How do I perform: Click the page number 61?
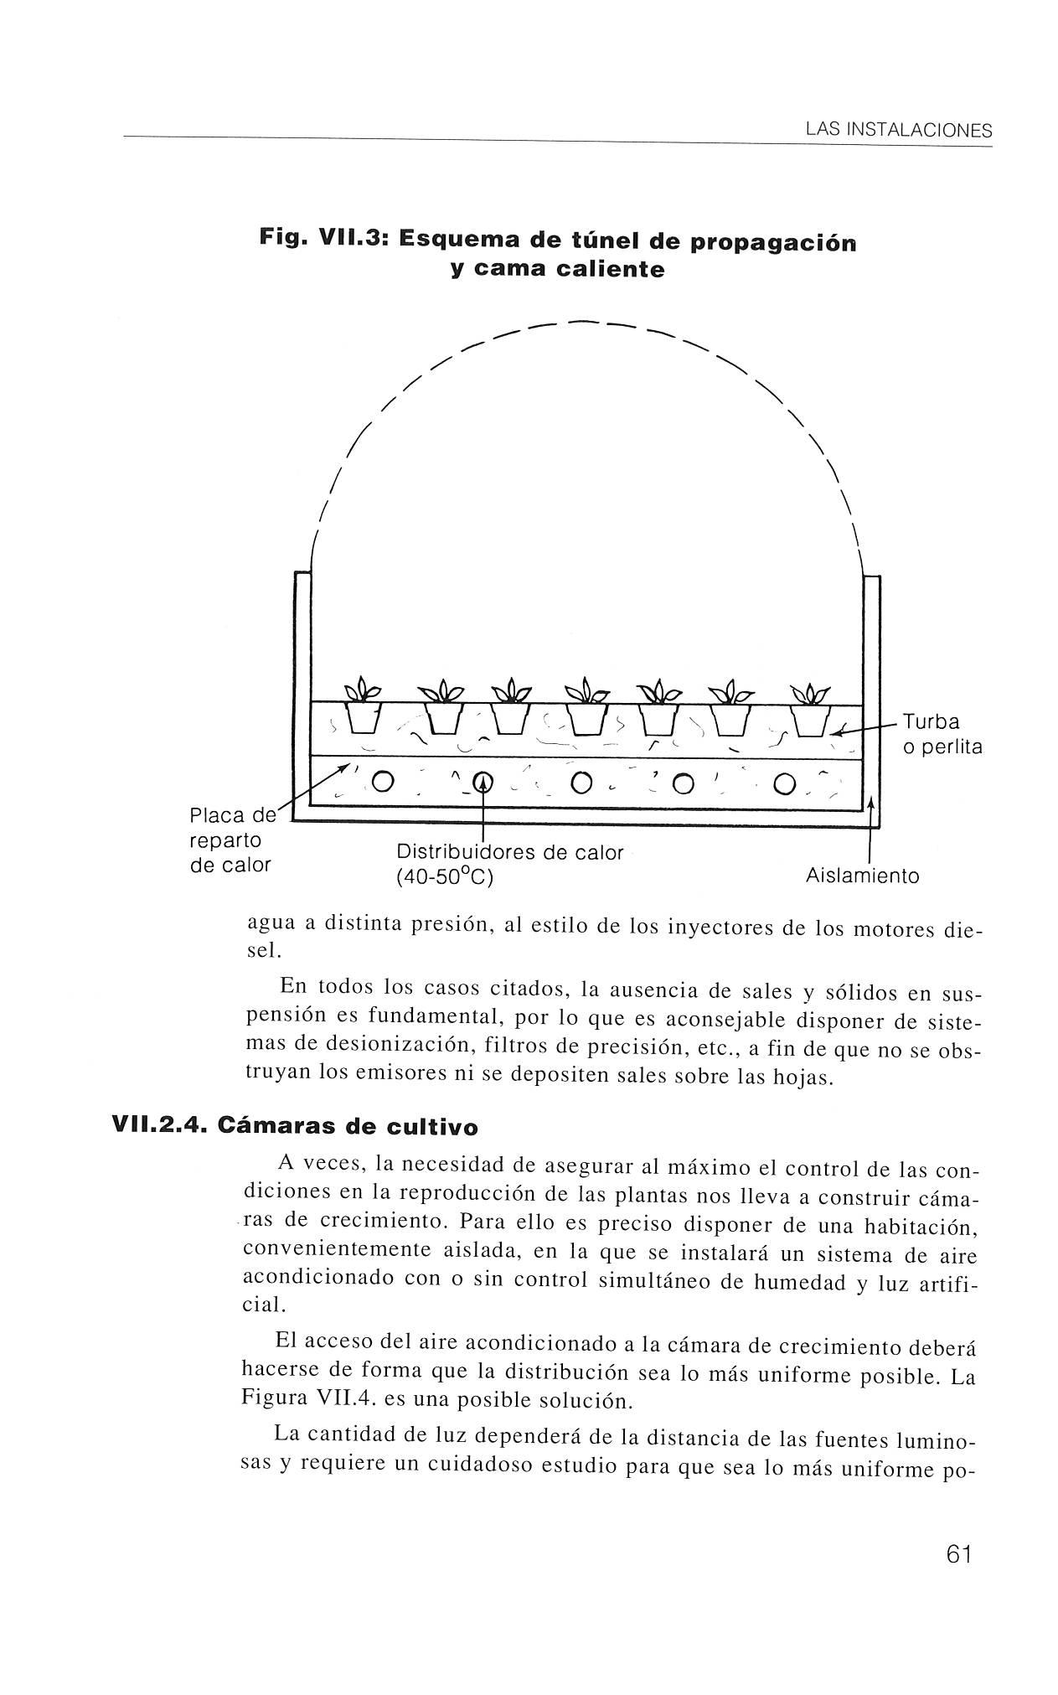pos(957,1553)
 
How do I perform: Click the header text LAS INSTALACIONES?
pos(897,131)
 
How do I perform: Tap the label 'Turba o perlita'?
pos(942,734)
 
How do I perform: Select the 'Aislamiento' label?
pos(862,876)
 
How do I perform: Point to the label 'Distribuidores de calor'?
pos(509,853)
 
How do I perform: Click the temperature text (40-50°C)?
pos(444,878)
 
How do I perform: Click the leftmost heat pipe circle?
pos(383,782)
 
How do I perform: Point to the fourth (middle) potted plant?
pos(587,708)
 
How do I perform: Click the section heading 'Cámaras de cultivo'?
pos(347,1127)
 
